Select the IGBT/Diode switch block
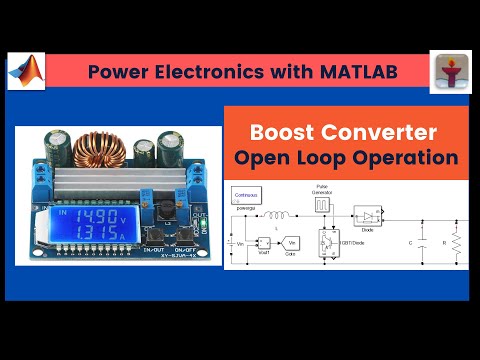328,242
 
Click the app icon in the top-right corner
450,72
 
